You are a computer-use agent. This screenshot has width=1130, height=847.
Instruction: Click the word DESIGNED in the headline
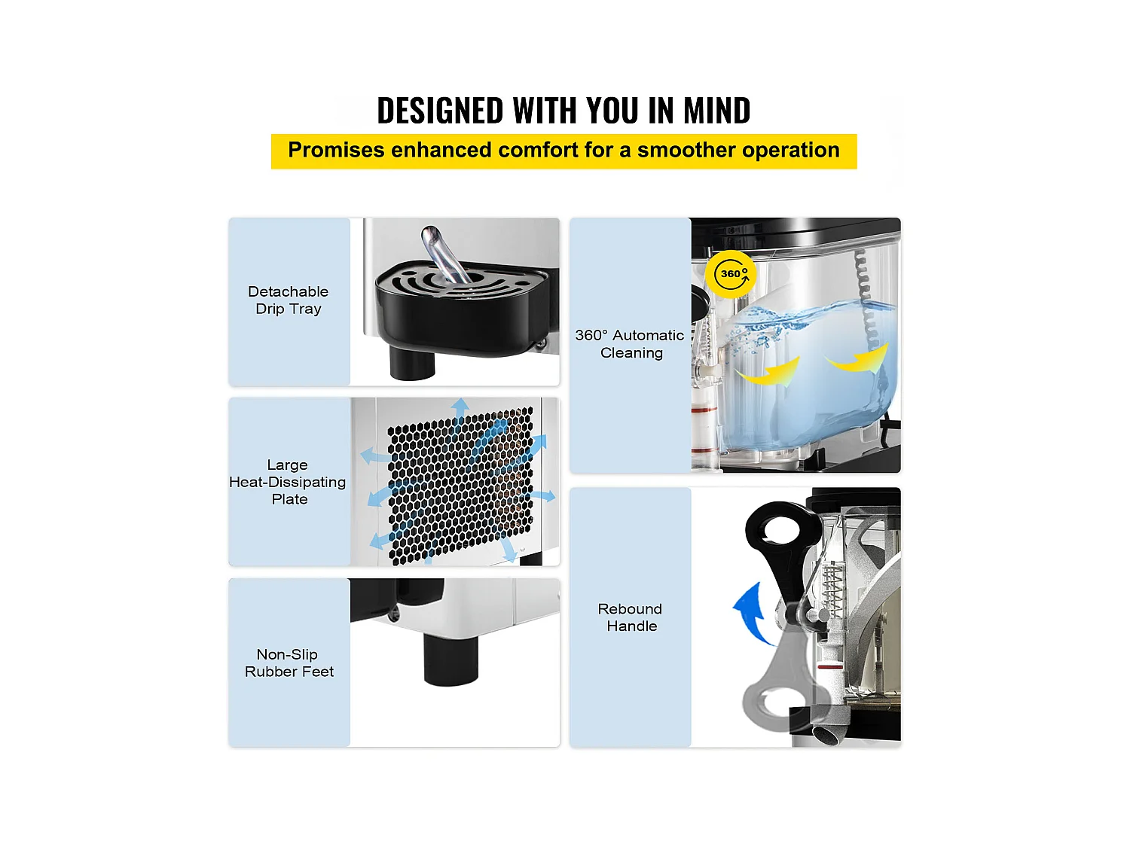pos(440,111)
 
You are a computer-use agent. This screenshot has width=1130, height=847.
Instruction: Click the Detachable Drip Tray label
pos(289,300)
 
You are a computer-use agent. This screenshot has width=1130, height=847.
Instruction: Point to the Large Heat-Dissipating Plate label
pos(288,482)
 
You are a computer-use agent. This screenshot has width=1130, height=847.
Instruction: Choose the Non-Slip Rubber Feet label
pos(289,663)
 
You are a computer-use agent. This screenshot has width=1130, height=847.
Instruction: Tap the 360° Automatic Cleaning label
pos(630,344)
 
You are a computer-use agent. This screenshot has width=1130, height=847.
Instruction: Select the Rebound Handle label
pos(631,617)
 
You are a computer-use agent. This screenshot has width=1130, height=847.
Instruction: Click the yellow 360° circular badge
pos(731,274)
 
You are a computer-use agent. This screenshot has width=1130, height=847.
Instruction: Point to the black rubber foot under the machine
pos(451,660)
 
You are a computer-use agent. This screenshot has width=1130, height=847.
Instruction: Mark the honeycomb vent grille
pos(460,486)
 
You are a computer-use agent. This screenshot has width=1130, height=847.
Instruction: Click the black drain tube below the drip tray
pos(412,362)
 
